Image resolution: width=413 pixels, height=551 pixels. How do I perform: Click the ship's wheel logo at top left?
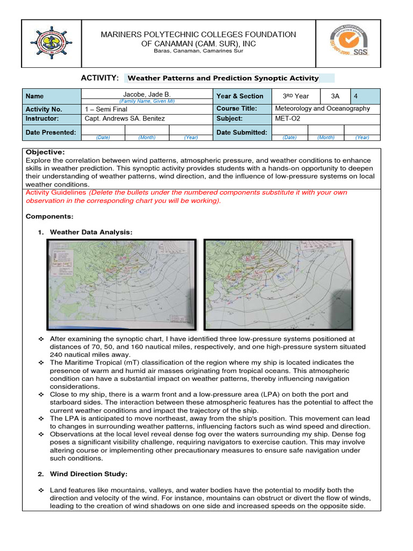pos(51,44)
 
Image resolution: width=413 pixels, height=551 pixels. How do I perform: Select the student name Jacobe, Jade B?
pos(147,94)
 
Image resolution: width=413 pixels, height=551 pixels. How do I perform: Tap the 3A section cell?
pos(336,96)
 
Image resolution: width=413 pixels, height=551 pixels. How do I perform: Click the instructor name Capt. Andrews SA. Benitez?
pos(125,118)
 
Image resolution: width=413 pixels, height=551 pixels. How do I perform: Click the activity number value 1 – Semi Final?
pos(106,109)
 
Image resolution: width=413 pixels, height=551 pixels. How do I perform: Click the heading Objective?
pos(45,152)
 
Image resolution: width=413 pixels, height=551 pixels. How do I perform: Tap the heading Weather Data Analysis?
pos(91,232)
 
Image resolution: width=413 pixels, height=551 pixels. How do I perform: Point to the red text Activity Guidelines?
pos(56,192)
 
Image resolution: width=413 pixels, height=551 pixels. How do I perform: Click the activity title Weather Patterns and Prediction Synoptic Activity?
pos(223,78)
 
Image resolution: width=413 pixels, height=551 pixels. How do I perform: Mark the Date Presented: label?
pos(51,132)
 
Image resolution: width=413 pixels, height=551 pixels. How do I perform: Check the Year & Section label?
pos(239,96)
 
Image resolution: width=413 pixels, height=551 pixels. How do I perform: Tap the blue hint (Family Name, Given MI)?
pos(147,101)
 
